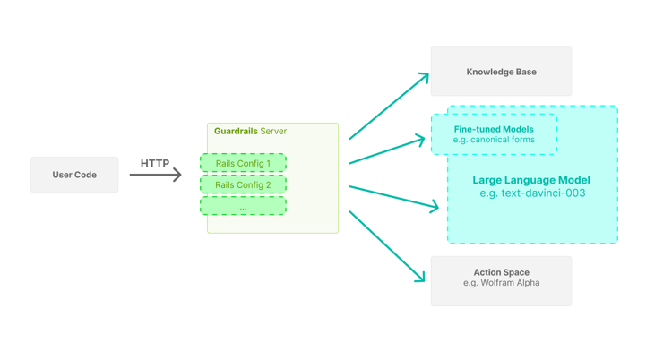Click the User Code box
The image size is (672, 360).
pyautogui.click(x=74, y=175)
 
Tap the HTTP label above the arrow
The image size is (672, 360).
pyautogui.click(x=155, y=163)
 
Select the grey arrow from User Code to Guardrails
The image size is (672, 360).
pyautogui.click(x=155, y=175)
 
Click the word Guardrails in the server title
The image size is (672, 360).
pyautogui.click(x=236, y=132)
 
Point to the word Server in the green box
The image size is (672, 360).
pyautogui.click(x=273, y=132)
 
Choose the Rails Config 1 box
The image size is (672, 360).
pyautogui.click(x=243, y=163)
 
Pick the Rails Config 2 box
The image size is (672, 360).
pyautogui.click(x=243, y=184)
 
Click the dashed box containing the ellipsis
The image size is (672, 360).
pyautogui.click(x=243, y=206)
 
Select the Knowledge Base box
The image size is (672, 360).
pyautogui.click(x=501, y=72)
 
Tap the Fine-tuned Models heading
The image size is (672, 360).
pyautogui.click(x=493, y=129)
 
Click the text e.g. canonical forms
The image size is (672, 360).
pyautogui.click(x=493, y=141)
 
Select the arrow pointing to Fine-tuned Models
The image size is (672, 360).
pyautogui.click(x=387, y=150)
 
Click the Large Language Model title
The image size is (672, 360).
pyautogui.click(x=531, y=180)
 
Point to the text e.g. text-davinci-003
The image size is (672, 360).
pyautogui.click(x=531, y=193)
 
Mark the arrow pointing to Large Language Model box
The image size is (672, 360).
pyautogui.click(x=394, y=197)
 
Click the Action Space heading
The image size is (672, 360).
pyautogui.click(x=501, y=272)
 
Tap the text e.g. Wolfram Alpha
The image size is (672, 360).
pyautogui.click(x=501, y=283)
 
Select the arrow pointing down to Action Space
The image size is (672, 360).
pyautogui.click(x=387, y=247)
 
